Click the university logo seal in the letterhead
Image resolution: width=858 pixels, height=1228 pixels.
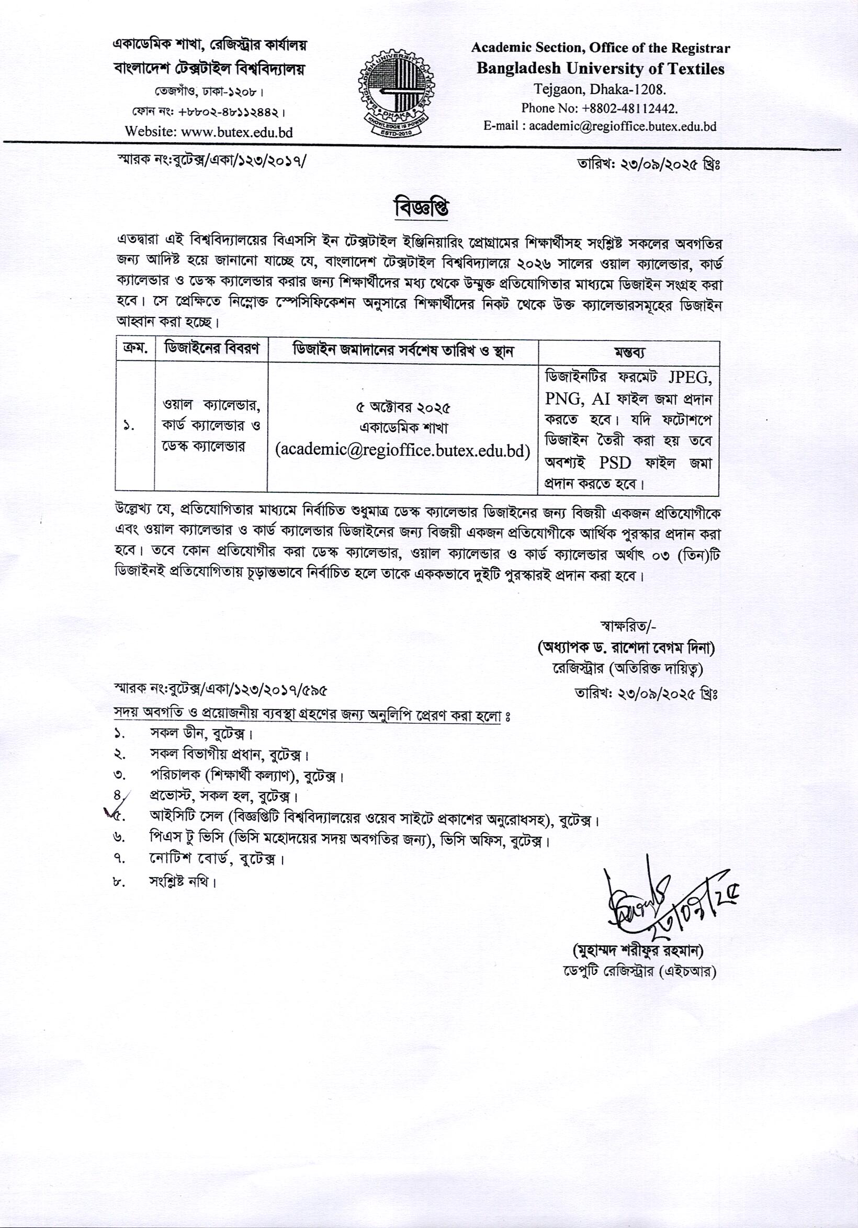pyautogui.click(x=396, y=89)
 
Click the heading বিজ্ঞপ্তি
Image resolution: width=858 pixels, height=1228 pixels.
pyautogui.click(x=421, y=209)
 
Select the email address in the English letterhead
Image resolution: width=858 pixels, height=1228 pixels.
pyautogui.click(x=600, y=127)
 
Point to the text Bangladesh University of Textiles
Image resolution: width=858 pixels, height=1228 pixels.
pyautogui.click(x=600, y=69)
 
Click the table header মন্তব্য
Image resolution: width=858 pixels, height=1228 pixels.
pyautogui.click(x=628, y=353)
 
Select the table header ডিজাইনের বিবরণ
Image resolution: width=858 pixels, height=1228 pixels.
pyautogui.click(x=211, y=350)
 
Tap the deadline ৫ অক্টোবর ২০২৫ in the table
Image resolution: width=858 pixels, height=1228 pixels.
pyautogui.click(x=403, y=408)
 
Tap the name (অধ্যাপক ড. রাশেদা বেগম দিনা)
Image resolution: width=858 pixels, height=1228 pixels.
pyautogui.click(x=626, y=649)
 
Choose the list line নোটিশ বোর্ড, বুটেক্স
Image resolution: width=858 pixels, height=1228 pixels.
pyautogui.click(x=216, y=859)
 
